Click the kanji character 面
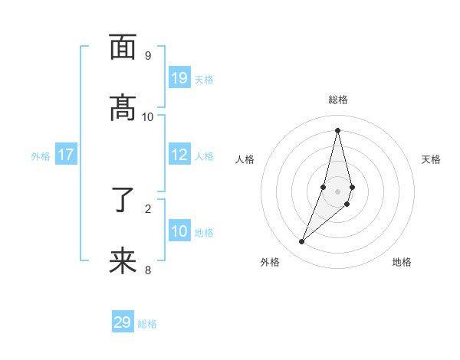[x=123, y=47]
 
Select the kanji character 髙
[x=123, y=109]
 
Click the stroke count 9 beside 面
[x=148, y=55]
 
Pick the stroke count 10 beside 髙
[x=148, y=116]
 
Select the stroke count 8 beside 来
[x=148, y=270]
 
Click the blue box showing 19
[x=179, y=78]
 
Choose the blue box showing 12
[x=179, y=155]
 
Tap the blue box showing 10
[x=179, y=231]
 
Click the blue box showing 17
[x=66, y=155]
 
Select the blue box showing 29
[x=123, y=322]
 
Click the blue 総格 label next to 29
[x=147, y=324]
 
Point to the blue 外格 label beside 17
[x=41, y=156]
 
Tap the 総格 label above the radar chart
[x=338, y=100]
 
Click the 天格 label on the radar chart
[x=431, y=159]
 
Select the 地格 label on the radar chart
[x=402, y=262]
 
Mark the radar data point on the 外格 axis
[x=302, y=242]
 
